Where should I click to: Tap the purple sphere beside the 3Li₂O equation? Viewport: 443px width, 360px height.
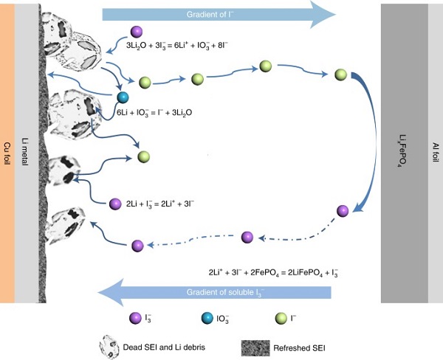136,31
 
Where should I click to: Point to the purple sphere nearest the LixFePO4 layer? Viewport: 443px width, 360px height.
343,211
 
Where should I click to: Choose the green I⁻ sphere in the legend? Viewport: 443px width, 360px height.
277,319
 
